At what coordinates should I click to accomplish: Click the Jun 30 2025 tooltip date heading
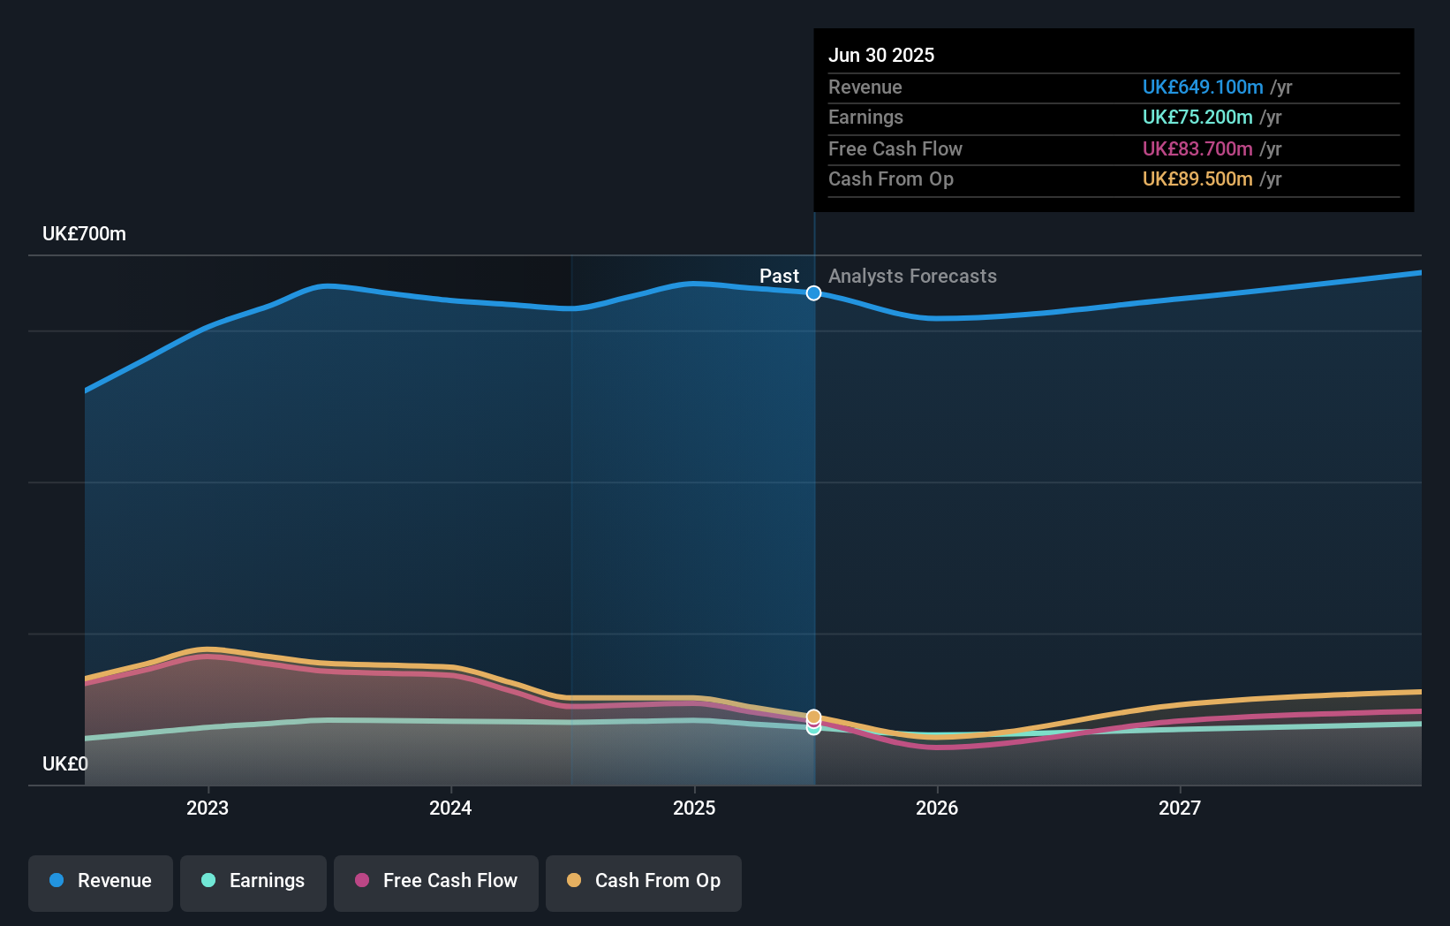click(x=880, y=55)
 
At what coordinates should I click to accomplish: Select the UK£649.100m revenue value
click(x=1202, y=87)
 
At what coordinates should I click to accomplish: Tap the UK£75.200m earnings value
click(x=1197, y=117)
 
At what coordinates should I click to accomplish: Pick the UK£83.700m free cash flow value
click(x=1197, y=148)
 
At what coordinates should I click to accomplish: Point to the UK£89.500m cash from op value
click(x=1197, y=178)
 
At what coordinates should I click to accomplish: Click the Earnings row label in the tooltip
click(x=865, y=117)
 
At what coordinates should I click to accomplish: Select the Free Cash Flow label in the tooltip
click(x=895, y=148)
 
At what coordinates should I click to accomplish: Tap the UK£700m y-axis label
click(x=84, y=233)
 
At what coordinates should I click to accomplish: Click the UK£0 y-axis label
click(x=64, y=763)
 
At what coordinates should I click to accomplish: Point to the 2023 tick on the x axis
click(x=208, y=808)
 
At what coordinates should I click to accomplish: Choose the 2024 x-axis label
click(x=450, y=808)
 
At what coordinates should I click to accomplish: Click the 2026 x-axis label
click(x=937, y=808)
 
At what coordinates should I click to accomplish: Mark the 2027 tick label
click(x=1180, y=808)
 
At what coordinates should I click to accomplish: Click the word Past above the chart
click(x=779, y=276)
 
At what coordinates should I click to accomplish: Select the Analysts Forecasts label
click(x=912, y=276)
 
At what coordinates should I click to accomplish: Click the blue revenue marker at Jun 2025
click(x=813, y=292)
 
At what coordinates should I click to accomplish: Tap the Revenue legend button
click(x=101, y=881)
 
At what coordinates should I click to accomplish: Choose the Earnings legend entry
click(x=253, y=881)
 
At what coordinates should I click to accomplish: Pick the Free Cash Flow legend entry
click(x=436, y=881)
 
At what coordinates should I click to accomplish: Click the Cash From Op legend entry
click(x=644, y=881)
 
